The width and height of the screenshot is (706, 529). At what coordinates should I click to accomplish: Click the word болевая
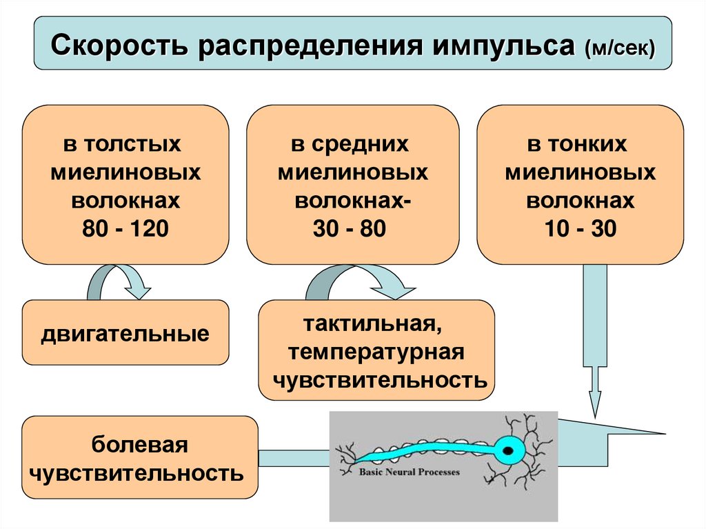[141, 445]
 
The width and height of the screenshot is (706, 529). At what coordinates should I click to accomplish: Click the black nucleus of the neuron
[508, 451]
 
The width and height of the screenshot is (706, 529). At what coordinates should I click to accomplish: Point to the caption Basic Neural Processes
[409, 473]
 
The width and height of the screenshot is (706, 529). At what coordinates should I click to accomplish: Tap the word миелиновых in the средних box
[352, 172]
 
